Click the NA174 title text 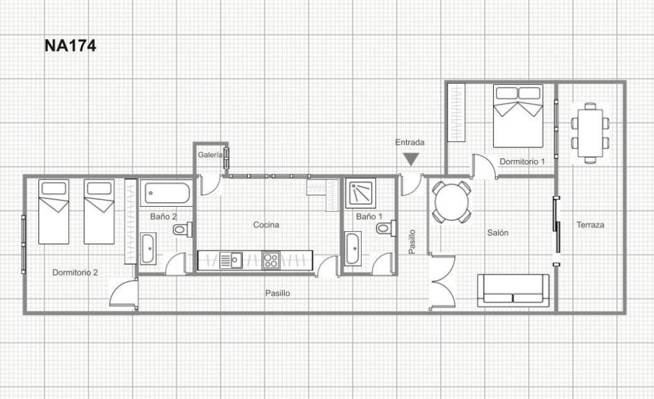pos(70,45)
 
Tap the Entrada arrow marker pos(411,159)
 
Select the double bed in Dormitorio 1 pos(518,116)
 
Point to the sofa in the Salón pos(513,290)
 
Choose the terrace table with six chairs pos(590,133)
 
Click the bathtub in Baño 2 pos(167,193)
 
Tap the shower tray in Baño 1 pos(361,193)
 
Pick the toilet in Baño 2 pos(182,229)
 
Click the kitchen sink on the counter pos(231,260)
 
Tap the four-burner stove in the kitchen pos(271,260)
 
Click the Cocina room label pos(266,225)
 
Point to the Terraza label pos(590,225)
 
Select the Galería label pos(210,154)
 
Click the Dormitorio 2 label pos(75,273)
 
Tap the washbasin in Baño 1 pos(353,249)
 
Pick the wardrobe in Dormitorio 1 pos(456,112)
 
